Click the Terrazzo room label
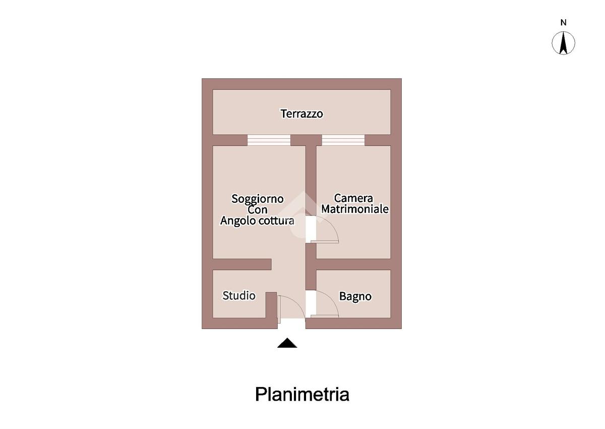click(x=301, y=114)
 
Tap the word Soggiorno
click(x=257, y=199)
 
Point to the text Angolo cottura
click(x=257, y=221)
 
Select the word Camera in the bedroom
click(x=353, y=198)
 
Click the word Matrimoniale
click(x=355, y=209)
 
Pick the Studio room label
click(x=239, y=296)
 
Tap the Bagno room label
click(x=355, y=297)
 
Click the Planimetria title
click(x=302, y=394)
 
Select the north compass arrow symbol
click(x=564, y=43)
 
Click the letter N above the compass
click(x=564, y=23)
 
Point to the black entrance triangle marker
click(x=287, y=343)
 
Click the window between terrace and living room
click(x=269, y=140)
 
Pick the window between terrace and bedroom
click(x=343, y=140)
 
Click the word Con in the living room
click(x=258, y=209)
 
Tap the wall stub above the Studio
click(x=242, y=264)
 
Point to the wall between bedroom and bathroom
click(x=353, y=264)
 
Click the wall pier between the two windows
click(x=306, y=140)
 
